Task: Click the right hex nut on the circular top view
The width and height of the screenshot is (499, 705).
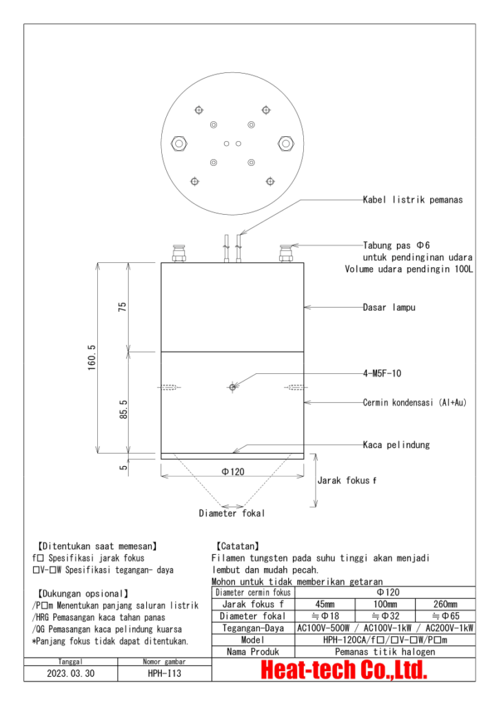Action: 285,143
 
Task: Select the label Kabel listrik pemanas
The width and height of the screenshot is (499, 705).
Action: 412,200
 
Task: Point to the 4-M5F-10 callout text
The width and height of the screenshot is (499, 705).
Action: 382,373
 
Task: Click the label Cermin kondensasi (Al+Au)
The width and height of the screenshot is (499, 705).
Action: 414,402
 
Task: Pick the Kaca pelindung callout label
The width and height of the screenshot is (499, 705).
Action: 396,445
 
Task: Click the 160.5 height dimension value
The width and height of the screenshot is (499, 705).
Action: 92,358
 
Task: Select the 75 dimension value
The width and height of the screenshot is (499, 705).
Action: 123,307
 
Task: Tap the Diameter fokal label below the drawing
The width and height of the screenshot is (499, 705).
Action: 232,513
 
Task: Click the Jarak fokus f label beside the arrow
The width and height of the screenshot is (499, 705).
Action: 347,480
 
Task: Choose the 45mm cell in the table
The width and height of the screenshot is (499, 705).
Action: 324,604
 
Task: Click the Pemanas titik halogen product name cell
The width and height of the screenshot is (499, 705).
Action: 385,651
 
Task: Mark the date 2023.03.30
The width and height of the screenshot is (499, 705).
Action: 72,673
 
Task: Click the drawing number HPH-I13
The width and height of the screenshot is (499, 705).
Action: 164,673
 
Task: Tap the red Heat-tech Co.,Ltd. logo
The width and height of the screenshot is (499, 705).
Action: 343,670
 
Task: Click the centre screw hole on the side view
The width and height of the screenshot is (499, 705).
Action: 233,387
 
